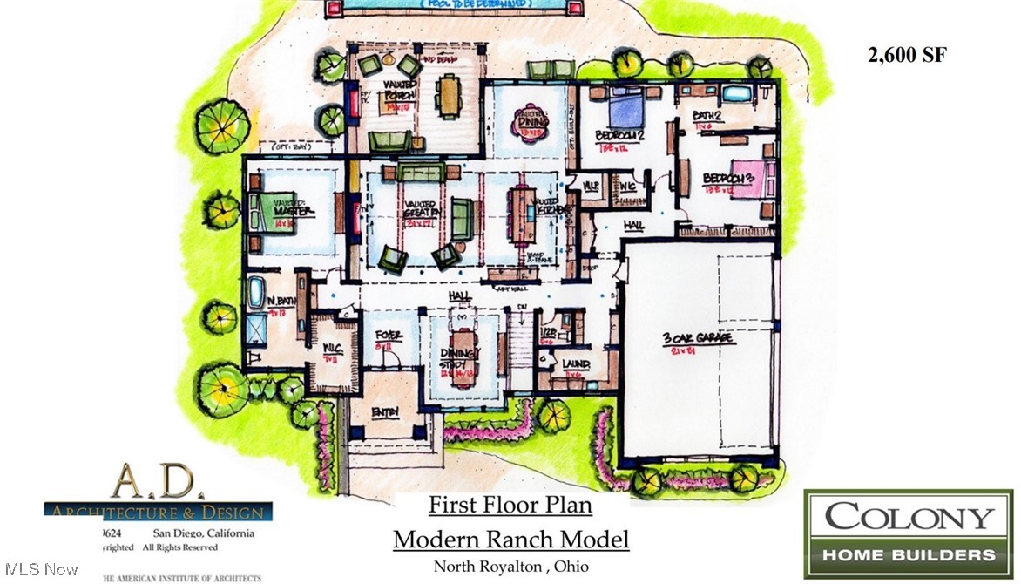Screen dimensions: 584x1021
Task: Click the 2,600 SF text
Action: [x=907, y=55]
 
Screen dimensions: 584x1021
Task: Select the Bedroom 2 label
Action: [x=619, y=136]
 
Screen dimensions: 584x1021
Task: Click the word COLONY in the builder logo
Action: [x=908, y=517]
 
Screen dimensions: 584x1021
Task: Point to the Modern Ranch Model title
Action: [x=510, y=539]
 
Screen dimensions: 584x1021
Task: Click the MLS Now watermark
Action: [x=39, y=570]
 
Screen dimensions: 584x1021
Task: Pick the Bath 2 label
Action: [x=707, y=116]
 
